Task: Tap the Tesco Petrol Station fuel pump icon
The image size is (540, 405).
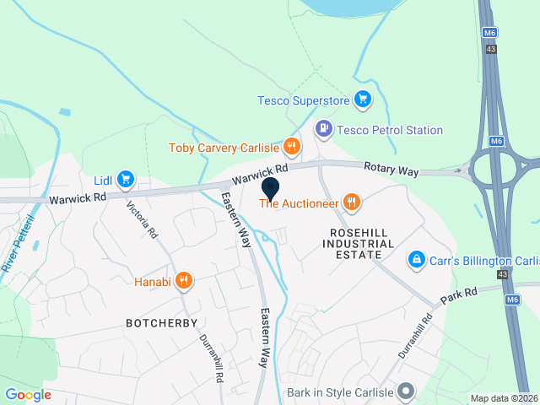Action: pos(323,129)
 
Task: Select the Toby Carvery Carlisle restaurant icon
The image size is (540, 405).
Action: pos(292,147)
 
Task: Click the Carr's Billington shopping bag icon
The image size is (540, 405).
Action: pos(415,259)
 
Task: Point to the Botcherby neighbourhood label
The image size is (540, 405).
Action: pos(160,323)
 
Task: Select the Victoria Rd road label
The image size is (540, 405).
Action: pos(142,218)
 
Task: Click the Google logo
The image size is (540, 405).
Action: pos(28,394)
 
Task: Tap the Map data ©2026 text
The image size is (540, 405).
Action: pos(504,398)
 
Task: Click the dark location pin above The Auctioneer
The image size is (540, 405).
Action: pos(270,188)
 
